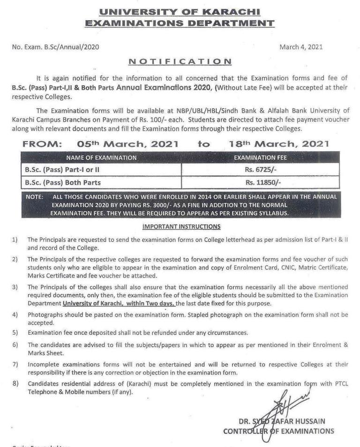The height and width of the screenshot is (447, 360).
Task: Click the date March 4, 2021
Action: pos(300,47)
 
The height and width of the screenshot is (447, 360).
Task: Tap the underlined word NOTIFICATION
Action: pos(180,61)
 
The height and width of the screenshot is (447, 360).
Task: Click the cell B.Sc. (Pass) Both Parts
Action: pos(62,182)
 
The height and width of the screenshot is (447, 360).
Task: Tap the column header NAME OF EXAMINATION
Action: pos(102,158)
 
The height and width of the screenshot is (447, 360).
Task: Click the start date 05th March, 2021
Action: pos(127,145)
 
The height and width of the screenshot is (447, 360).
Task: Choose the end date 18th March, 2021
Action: pos(279,145)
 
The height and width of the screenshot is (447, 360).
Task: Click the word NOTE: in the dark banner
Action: pos(34,197)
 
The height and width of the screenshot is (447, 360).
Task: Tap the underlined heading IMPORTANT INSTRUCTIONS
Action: pos(180,227)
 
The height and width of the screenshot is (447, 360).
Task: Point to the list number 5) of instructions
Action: pos(15,333)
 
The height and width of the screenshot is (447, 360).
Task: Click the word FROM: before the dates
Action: pos(43,145)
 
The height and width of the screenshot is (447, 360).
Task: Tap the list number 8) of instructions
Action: pos(15,384)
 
